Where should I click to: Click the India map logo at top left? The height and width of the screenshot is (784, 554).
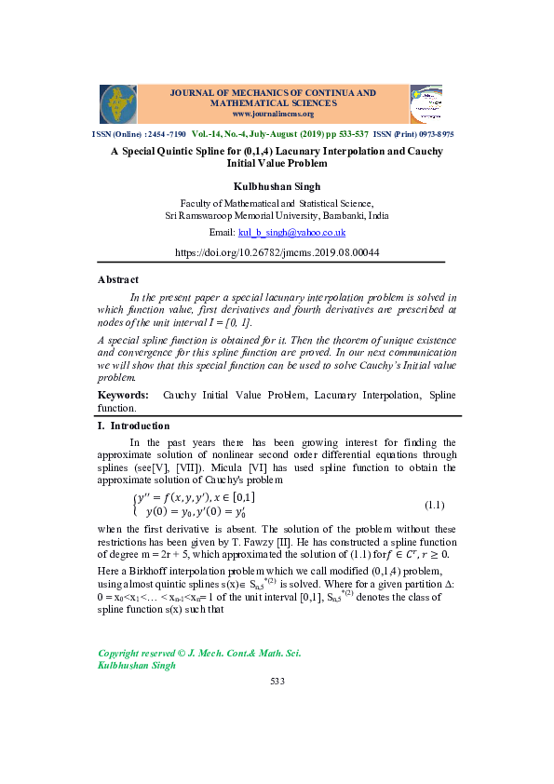point(118,104)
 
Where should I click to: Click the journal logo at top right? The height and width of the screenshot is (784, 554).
point(426,104)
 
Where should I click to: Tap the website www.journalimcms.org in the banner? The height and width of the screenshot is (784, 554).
point(273,115)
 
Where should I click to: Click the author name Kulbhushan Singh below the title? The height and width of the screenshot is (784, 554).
point(277,186)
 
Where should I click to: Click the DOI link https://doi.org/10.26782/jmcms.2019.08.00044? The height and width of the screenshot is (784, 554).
point(277,252)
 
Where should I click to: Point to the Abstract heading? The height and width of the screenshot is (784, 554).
point(118,279)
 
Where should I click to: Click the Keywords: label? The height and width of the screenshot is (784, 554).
point(123,396)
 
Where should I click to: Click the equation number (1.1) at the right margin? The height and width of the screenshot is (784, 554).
point(434,506)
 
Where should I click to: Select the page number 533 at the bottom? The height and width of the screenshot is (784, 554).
point(277,682)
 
